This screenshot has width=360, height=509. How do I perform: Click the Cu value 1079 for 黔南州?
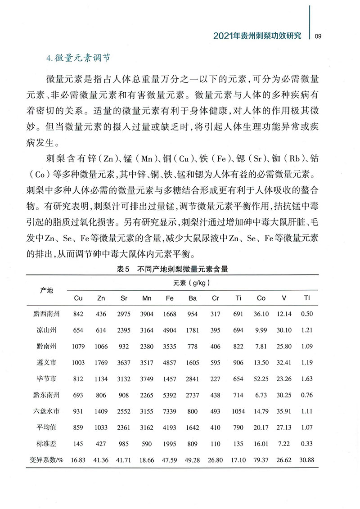point(78,347)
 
